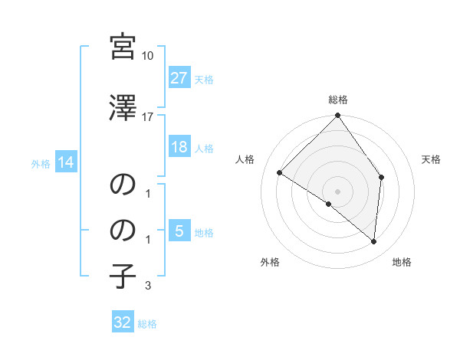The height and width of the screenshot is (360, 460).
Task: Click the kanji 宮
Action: (x=123, y=47)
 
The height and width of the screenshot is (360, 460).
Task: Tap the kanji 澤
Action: (x=123, y=109)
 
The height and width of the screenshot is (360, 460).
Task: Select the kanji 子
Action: (x=123, y=275)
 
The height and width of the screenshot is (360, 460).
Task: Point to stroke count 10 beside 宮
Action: (x=148, y=56)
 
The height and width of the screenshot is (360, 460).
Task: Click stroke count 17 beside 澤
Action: (x=148, y=117)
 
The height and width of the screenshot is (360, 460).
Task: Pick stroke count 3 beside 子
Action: (x=148, y=286)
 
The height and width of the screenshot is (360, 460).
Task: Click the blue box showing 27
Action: (x=179, y=78)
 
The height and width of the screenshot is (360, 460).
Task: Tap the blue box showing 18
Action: (x=179, y=147)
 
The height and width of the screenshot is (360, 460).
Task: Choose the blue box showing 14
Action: (x=65, y=162)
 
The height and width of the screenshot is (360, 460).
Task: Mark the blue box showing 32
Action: (x=123, y=322)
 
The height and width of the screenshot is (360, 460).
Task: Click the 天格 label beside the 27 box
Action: (x=204, y=79)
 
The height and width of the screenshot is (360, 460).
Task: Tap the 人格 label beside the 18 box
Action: (x=204, y=148)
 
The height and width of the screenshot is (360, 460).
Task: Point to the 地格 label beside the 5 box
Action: (x=204, y=232)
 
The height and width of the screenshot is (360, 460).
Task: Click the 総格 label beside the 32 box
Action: (x=147, y=323)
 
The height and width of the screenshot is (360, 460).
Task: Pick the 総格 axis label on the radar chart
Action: (x=337, y=100)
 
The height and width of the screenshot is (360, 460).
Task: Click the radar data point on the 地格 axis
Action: (x=374, y=242)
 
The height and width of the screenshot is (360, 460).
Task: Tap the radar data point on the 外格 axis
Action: (x=328, y=205)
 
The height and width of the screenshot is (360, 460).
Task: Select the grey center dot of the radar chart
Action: (x=337, y=191)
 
